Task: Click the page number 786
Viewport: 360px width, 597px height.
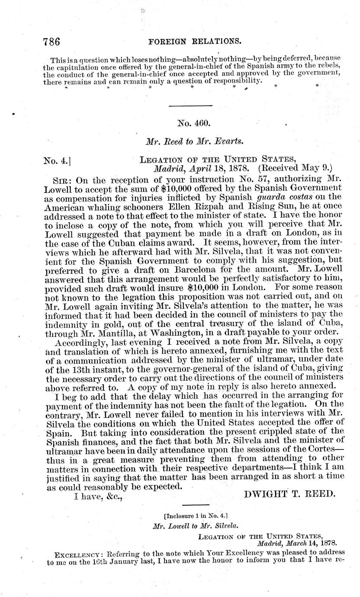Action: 51,42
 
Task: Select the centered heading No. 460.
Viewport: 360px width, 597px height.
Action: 194,123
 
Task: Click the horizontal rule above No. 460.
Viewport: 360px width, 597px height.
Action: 190,106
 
